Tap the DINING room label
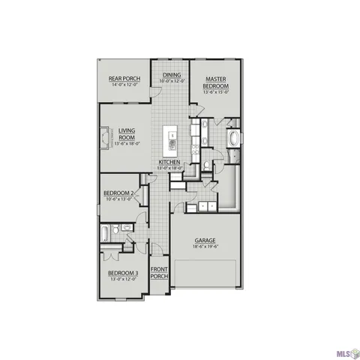click(172, 75)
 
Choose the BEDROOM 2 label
click(119, 193)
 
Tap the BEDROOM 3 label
click(122, 272)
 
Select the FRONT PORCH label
click(159, 272)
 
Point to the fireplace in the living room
click(105, 137)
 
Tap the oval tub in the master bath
click(234, 139)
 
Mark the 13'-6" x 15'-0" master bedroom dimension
click(216, 92)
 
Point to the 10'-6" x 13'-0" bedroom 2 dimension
click(119, 199)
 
